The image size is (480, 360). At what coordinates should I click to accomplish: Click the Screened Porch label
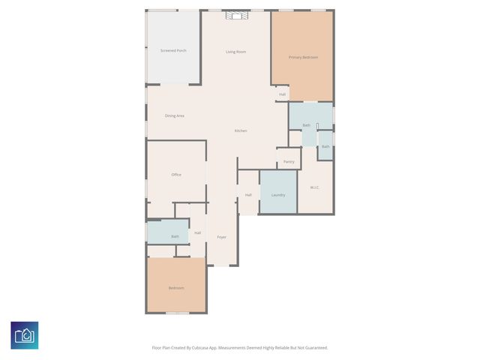click(x=173, y=50)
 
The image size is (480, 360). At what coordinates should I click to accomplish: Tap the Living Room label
click(x=236, y=52)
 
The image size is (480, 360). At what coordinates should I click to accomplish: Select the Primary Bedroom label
click(x=303, y=57)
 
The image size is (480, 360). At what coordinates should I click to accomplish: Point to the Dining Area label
click(x=175, y=115)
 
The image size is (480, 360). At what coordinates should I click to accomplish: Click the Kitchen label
click(x=241, y=130)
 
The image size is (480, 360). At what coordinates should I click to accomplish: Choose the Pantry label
click(x=289, y=161)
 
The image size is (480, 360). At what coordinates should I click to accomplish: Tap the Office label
click(x=176, y=175)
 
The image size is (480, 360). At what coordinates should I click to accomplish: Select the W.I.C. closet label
click(x=315, y=187)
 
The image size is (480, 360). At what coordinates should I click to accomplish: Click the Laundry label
click(x=278, y=195)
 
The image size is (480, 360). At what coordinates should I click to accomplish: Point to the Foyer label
click(x=221, y=237)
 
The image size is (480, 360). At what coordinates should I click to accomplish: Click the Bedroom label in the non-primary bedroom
click(x=176, y=288)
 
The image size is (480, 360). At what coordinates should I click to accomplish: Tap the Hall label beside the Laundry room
click(x=248, y=195)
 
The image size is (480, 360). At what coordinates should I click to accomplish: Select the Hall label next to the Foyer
click(x=197, y=232)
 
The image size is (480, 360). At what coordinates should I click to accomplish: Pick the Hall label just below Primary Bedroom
click(x=283, y=94)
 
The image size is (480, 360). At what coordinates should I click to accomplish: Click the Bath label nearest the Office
click(x=175, y=236)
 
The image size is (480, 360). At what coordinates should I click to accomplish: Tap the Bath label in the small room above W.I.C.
click(x=325, y=146)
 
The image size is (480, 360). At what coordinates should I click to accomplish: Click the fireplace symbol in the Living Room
click(x=236, y=14)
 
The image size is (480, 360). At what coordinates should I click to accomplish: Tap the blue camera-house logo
click(x=25, y=335)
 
